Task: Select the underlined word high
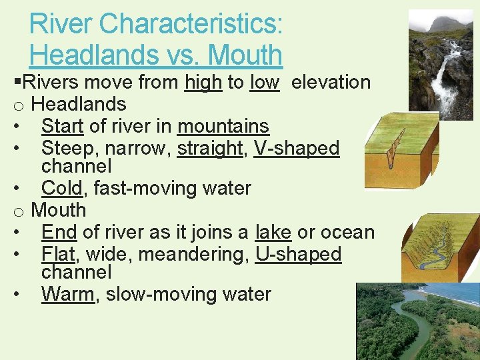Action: [203, 83]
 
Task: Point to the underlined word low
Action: [265, 83]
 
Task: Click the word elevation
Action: [331, 83]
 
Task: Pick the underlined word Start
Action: [62, 126]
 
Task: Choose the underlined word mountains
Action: [223, 126]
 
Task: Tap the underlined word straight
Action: [209, 148]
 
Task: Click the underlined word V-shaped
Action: [297, 148]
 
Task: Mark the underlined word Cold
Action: [62, 189]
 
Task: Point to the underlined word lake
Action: [273, 232]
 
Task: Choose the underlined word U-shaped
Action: [298, 254]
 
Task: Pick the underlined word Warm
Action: [67, 294]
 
